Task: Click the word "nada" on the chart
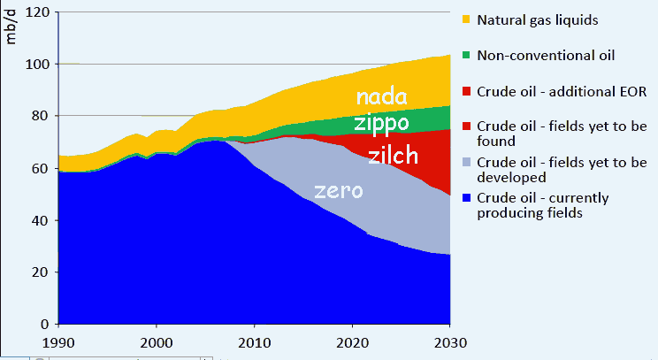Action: [381, 96]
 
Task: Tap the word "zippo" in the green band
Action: [381, 123]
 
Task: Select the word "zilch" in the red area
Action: [394, 155]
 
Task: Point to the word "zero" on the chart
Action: [338, 191]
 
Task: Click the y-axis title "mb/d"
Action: [11, 27]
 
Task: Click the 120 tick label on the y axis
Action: [37, 12]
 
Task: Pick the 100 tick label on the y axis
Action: [37, 65]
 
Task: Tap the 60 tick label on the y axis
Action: [41, 168]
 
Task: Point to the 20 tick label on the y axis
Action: [41, 272]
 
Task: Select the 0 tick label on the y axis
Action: [45, 324]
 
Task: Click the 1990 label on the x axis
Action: [58, 343]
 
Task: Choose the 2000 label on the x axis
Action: [157, 343]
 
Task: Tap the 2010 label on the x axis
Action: [255, 343]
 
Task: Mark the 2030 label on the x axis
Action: [450, 343]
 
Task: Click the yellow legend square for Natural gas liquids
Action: [466, 19]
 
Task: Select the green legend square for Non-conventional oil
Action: [466, 55]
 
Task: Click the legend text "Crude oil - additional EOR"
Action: [562, 91]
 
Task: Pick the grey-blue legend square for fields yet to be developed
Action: [466, 162]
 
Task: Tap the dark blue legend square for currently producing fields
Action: [466, 197]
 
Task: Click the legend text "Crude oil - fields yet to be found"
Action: [562, 134]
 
